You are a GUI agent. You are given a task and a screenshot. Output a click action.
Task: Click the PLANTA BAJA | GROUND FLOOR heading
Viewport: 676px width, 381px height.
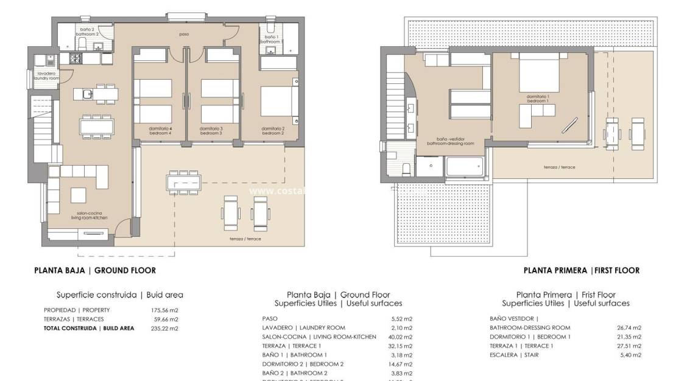94,270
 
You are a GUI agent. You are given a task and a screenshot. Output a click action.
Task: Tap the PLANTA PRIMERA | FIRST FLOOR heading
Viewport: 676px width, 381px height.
581,270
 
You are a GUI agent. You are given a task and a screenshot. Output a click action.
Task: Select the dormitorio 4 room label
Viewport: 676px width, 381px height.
160,130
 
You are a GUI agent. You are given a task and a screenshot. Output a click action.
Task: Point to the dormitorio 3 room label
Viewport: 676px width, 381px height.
211,130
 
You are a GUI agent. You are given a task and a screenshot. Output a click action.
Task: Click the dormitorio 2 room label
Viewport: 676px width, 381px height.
273,130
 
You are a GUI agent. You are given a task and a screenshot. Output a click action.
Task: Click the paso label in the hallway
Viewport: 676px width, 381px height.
183,34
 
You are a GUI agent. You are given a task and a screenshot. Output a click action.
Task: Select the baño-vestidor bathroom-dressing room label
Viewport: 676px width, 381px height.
450,141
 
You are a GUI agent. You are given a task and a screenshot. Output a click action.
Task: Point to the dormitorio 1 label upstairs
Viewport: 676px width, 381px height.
538,98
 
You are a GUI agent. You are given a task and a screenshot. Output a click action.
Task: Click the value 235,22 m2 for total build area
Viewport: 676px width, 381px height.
164,328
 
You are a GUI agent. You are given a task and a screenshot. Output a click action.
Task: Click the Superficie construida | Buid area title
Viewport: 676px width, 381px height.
119,295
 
